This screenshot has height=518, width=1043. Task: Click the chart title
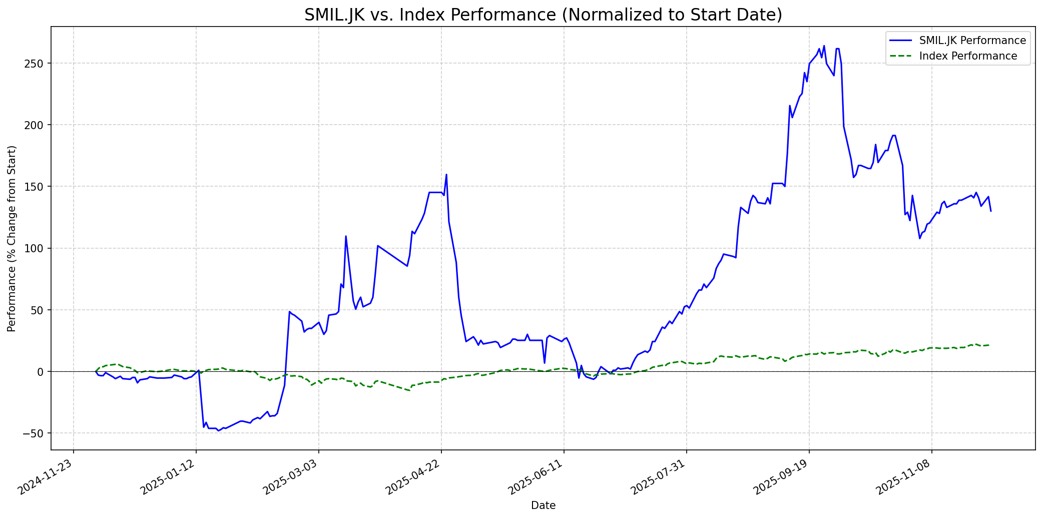(543, 15)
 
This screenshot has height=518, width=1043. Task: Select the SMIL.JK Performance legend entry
(972, 41)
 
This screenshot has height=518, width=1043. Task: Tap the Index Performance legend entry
(968, 56)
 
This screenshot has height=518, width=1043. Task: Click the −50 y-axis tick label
(35, 433)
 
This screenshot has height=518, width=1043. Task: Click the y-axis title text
(12, 239)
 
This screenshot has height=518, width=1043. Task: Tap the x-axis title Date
(543, 505)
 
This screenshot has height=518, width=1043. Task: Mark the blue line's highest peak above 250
(824, 46)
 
